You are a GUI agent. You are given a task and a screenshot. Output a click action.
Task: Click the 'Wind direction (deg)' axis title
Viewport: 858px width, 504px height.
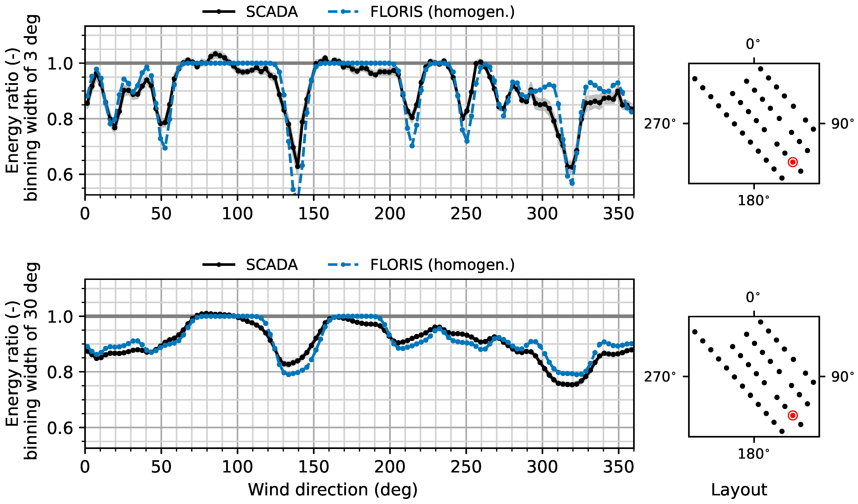[x=333, y=490]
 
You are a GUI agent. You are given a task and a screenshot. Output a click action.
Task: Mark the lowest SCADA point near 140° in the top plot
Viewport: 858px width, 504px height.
[x=298, y=167]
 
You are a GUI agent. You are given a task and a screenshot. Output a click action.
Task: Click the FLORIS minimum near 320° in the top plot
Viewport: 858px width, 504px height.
[x=572, y=183]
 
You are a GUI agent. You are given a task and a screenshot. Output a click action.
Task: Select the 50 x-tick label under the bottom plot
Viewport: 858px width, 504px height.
[x=161, y=467]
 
